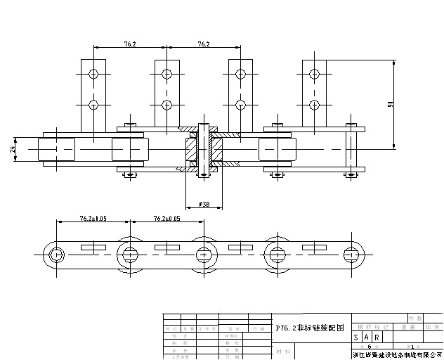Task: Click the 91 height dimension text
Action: tap(390, 104)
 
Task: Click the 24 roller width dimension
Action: tap(12, 149)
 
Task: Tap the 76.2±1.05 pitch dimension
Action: tap(89, 219)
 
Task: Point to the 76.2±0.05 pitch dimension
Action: tap(166, 219)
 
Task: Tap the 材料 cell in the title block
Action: tap(284, 350)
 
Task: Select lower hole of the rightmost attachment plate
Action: tap(314, 105)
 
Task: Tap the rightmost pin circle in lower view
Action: tap(351, 254)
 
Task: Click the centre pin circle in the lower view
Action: tap(203, 254)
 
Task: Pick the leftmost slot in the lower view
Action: tap(93, 247)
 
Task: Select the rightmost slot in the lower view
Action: tap(314, 247)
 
